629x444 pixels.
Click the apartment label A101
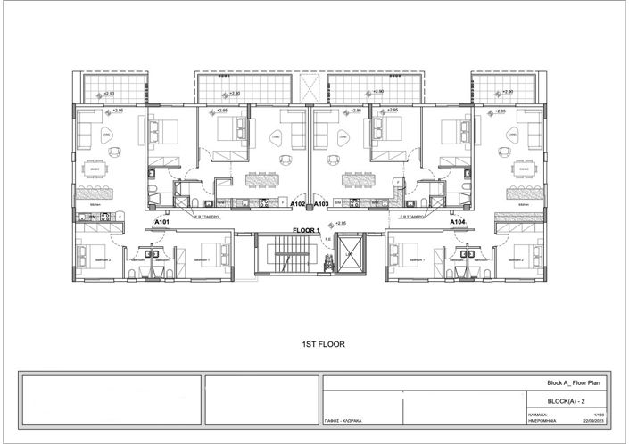161,221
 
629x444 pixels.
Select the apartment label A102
299,204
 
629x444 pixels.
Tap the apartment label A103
322,204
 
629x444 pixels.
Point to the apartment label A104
457,221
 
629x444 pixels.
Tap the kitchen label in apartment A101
94,204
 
